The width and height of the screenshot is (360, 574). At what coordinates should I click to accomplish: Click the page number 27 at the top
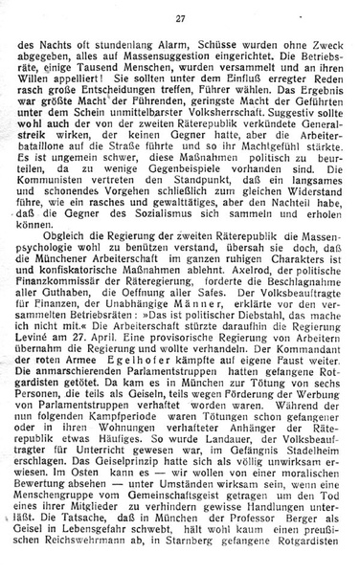pos(180,18)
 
